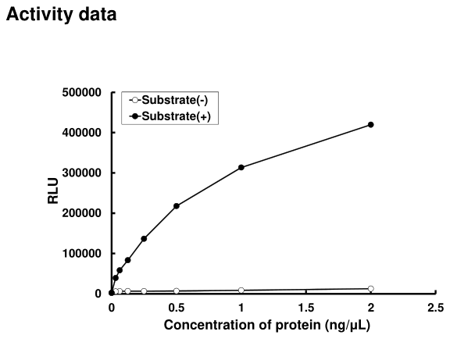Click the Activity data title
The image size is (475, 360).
(62, 15)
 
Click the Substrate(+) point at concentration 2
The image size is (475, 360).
(371, 125)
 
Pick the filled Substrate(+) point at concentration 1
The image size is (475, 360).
(241, 167)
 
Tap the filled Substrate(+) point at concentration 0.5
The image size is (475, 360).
(177, 206)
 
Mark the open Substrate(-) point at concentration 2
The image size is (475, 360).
(371, 289)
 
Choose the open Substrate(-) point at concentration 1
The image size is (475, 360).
(241, 290)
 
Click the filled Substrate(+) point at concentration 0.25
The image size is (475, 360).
(144, 239)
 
